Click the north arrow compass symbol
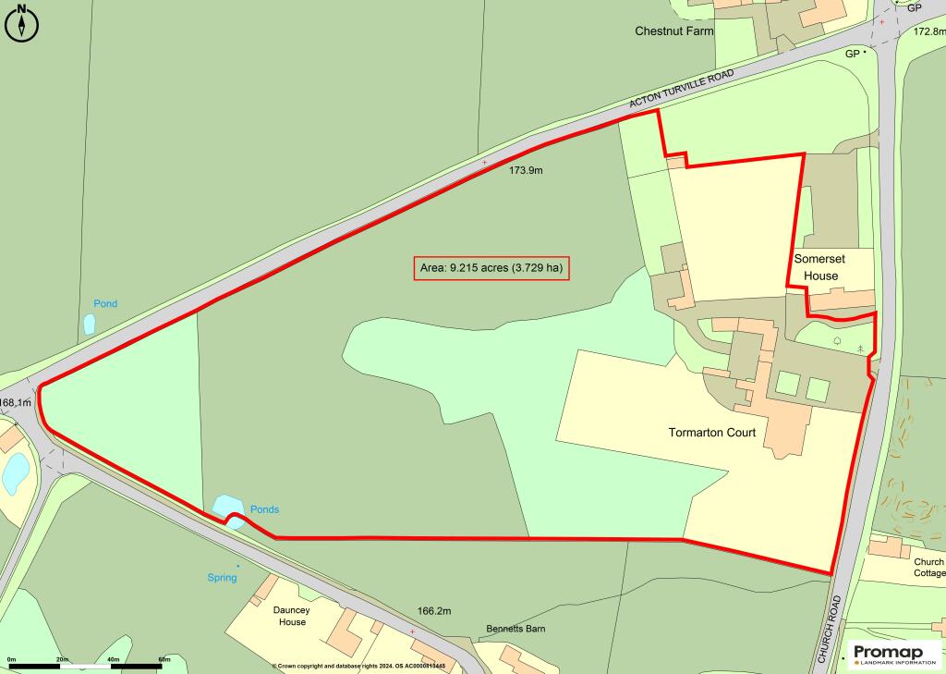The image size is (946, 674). (x=22, y=23)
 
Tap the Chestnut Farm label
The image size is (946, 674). (x=674, y=31)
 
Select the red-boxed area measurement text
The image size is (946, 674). (x=491, y=268)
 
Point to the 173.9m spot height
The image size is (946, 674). (x=526, y=171)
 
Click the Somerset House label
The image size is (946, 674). (x=816, y=268)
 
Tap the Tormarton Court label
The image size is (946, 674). (x=712, y=433)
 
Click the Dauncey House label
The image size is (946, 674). (x=291, y=616)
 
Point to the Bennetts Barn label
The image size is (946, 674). (x=515, y=629)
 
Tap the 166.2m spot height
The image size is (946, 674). (x=434, y=611)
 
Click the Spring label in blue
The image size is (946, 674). (x=222, y=578)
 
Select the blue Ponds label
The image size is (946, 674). (x=264, y=509)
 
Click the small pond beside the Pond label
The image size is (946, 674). (x=90, y=324)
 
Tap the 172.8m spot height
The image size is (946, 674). (x=928, y=31)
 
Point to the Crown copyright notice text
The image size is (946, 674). (x=358, y=666)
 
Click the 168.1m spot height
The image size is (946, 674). (x=16, y=403)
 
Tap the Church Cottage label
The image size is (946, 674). (x=928, y=567)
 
